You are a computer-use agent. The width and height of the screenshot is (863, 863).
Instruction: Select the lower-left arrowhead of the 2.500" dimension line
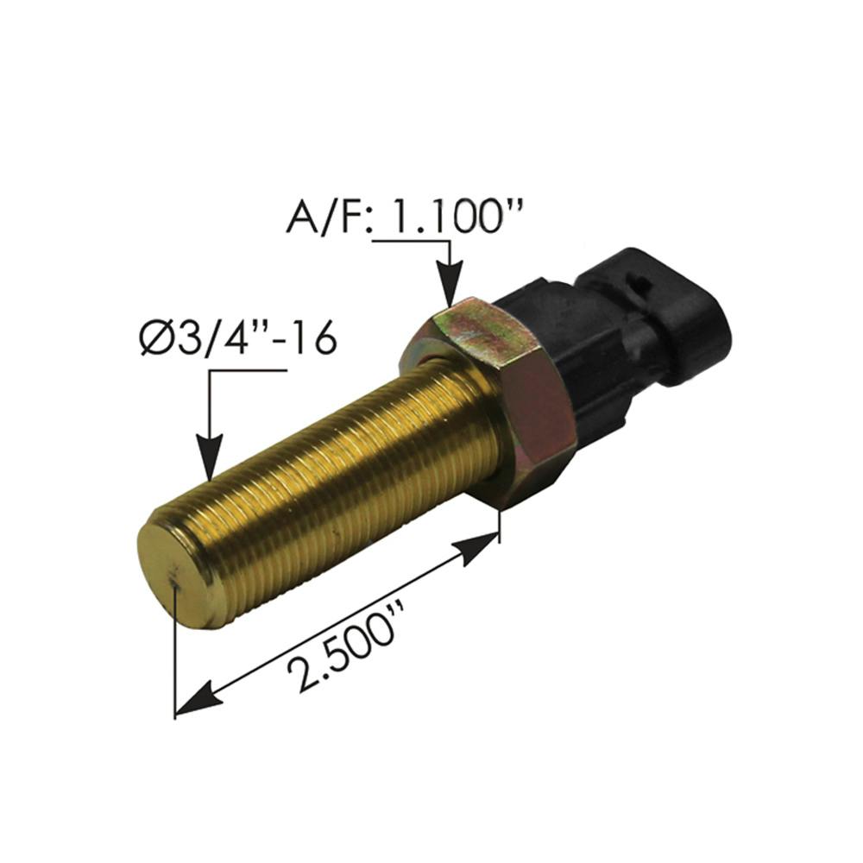click(195, 696)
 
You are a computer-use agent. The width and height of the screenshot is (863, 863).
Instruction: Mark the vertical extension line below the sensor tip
click(175, 656)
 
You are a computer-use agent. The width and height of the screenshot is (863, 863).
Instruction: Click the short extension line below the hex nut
click(500, 525)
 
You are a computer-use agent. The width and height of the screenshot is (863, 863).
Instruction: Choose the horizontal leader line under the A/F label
click(410, 242)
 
